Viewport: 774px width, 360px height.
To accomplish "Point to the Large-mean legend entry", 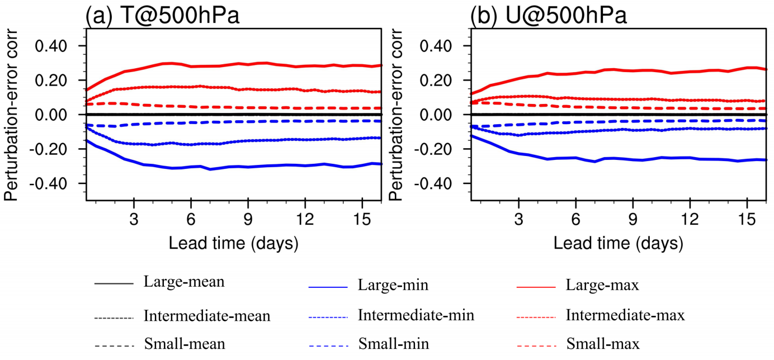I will pos(184,282).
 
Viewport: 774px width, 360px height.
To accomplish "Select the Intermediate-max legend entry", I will pos(625,315).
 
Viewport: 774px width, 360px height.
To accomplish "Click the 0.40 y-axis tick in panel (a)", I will pos(53,46).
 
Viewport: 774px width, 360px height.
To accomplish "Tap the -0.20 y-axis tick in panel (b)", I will pos(435,149).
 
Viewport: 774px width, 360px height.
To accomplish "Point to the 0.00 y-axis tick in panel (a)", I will pos(53,115).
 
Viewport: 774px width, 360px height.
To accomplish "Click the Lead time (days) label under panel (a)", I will pos(233,244).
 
